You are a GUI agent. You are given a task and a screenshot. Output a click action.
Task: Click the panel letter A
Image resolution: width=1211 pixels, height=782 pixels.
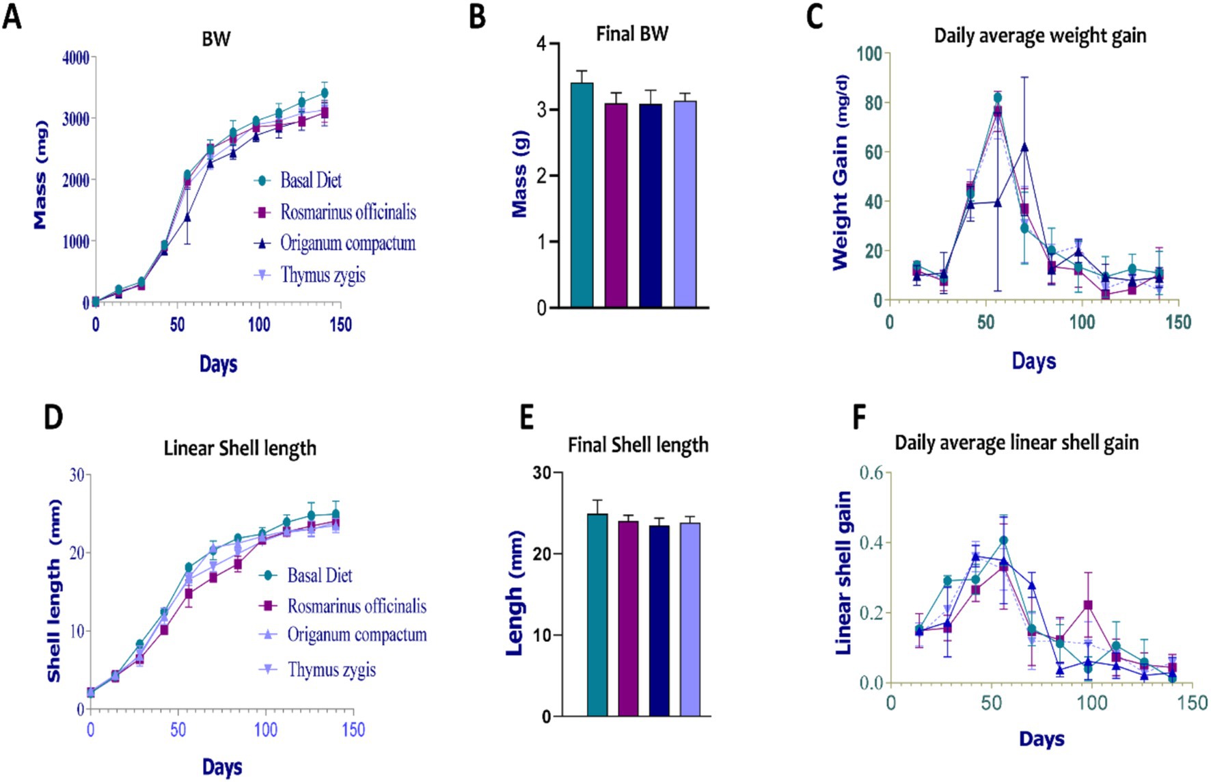click(x=12, y=16)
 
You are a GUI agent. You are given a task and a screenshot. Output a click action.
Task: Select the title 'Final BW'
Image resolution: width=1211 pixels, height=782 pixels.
click(x=631, y=33)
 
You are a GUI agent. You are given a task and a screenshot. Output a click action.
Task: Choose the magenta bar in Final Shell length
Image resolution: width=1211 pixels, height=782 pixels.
click(x=628, y=618)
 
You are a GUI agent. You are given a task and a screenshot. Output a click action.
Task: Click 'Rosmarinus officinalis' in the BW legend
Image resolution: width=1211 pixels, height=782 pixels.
click(x=348, y=212)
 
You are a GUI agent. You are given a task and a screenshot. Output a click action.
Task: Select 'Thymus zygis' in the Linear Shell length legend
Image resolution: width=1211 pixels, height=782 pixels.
click(x=331, y=669)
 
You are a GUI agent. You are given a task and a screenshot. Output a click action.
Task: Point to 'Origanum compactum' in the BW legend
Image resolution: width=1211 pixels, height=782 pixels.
click(x=348, y=243)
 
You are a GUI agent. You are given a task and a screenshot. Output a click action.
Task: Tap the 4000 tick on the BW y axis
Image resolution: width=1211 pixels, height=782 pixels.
click(x=76, y=58)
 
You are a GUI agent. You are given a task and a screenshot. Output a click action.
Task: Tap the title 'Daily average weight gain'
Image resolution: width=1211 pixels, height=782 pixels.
click(x=1039, y=36)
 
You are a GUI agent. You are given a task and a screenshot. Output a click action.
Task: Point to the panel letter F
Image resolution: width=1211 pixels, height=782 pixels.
click(x=860, y=418)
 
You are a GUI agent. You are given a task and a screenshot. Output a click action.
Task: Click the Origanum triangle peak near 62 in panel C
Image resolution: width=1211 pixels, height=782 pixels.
click(x=1024, y=147)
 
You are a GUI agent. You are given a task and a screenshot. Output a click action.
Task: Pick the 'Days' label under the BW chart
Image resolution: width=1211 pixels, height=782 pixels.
click(x=218, y=364)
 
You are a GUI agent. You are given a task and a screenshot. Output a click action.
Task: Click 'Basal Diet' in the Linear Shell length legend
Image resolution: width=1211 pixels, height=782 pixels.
click(x=319, y=576)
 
